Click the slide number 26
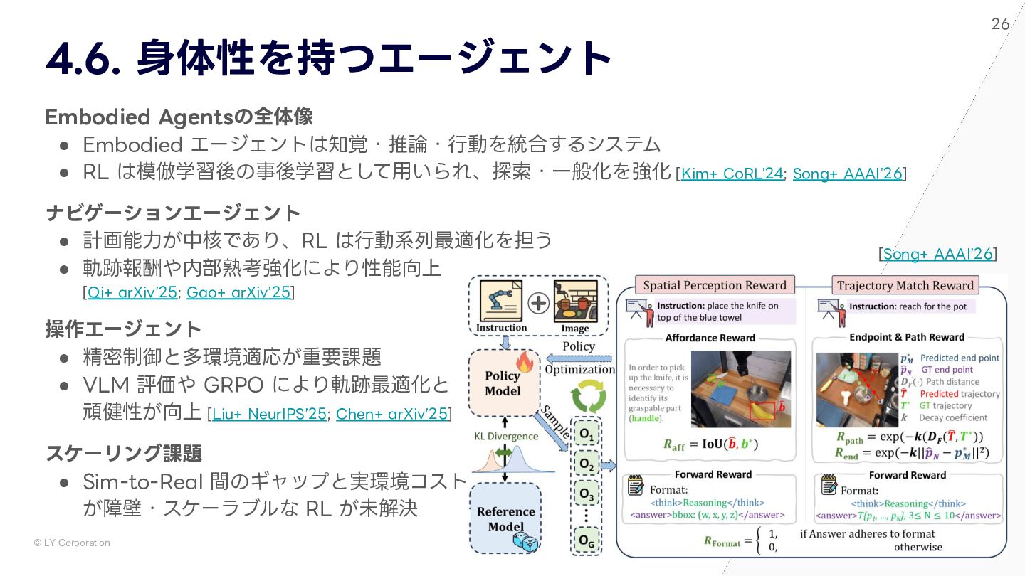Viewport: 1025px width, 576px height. tap(1000, 24)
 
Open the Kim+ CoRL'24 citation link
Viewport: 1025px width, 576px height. tap(732, 174)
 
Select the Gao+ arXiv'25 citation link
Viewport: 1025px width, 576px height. tap(238, 292)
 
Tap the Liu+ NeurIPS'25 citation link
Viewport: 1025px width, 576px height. tap(269, 414)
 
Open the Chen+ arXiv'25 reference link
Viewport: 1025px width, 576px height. tap(391, 414)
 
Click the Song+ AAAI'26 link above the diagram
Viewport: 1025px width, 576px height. tap(937, 255)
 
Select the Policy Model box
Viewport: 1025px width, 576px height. tap(503, 383)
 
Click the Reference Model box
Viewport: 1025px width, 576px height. tap(505, 518)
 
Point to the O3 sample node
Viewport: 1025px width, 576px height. tap(587, 493)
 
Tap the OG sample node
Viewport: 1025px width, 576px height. tap(587, 540)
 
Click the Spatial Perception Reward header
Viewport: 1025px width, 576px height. tap(715, 286)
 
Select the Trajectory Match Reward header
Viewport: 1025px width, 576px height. tap(905, 286)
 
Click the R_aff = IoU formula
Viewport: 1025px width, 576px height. tap(710, 445)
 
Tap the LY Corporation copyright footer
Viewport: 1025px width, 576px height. tap(72, 543)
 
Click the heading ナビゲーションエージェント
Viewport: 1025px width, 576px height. tap(173, 213)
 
